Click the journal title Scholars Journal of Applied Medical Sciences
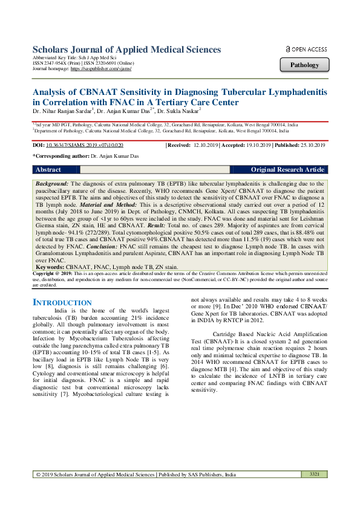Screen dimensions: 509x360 click(x=126, y=50)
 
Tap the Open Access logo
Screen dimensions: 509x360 click(x=306, y=49)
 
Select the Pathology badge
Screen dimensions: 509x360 click(x=305, y=65)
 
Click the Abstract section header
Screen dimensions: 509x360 click(x=48, y=170)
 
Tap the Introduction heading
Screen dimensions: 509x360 click(x=62, y=302)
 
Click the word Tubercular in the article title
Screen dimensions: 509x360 click(x=254, y=91)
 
